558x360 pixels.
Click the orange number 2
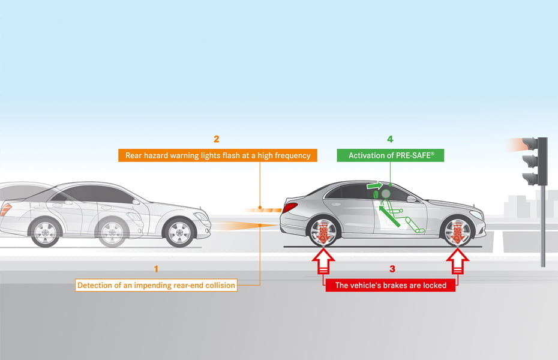point(217,139)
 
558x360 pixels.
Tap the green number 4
point(390,139)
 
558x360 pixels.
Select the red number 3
point(392,269)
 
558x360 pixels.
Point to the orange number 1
point(157,269)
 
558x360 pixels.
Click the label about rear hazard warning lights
point(218,155)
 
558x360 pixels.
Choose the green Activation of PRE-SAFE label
point(391,155)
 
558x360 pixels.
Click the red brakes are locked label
point(391,286)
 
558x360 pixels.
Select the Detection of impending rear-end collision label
point(156,286)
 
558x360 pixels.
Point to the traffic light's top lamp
point(530,144)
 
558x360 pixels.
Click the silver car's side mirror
point(412,199)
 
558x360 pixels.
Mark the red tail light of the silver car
point(290,208)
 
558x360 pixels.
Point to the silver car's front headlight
point(476,215)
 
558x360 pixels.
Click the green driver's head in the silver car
point(386,194)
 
